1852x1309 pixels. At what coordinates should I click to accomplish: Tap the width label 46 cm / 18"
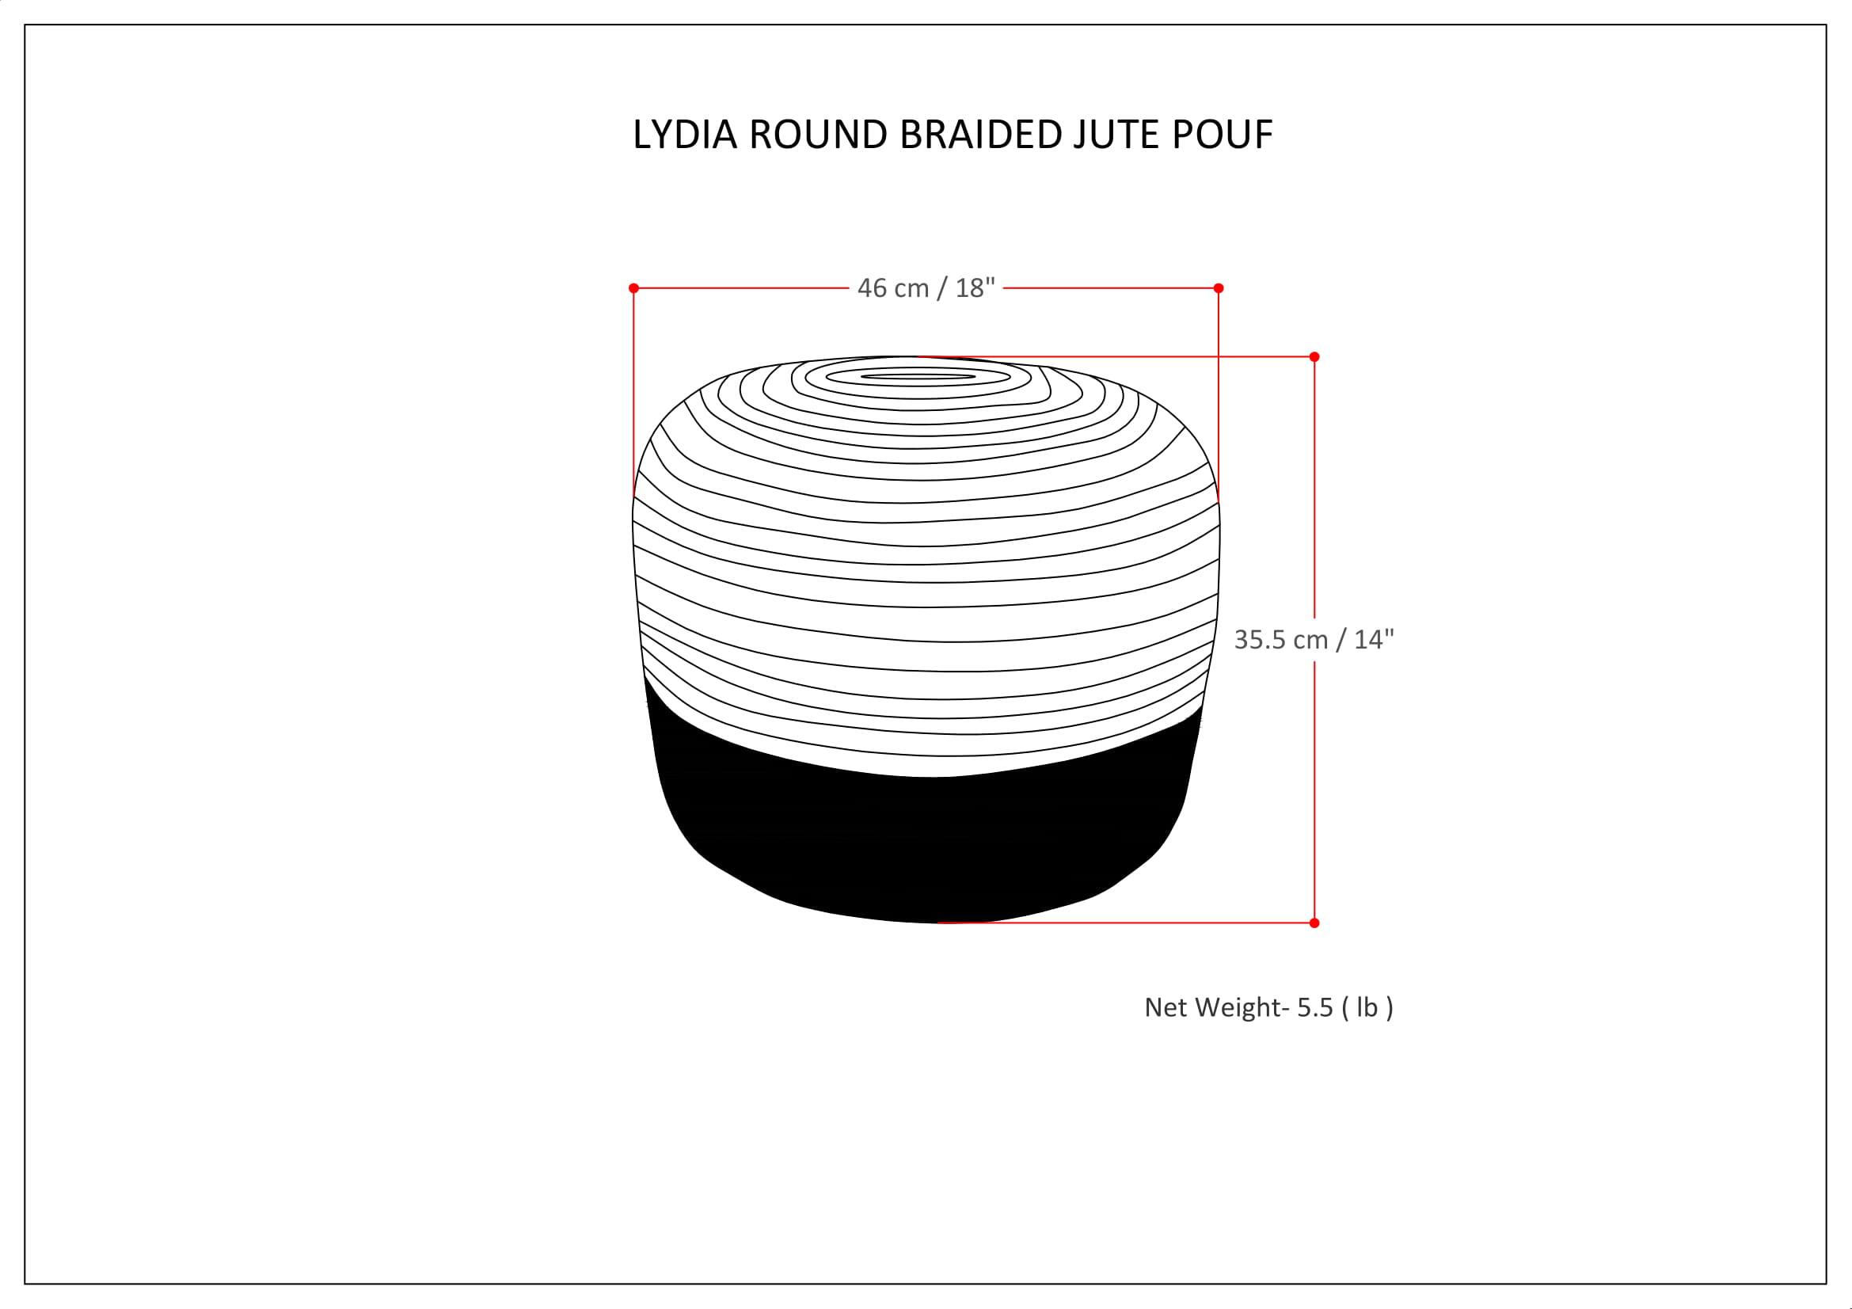[926, 288]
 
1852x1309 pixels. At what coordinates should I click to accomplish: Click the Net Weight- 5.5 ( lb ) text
[1268, 1007]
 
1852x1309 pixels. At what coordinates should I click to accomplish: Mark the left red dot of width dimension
[634, 288]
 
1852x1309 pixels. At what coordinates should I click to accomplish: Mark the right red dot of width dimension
[1219, 288]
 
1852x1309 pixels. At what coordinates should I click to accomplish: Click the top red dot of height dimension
[1315, 356]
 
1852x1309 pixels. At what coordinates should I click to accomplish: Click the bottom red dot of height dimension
[1315, 923]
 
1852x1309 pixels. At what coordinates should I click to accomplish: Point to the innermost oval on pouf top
[918, 377]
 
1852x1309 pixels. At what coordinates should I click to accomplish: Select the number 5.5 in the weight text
[1315, 1007]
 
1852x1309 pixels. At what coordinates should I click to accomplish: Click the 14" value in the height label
[1374, 640]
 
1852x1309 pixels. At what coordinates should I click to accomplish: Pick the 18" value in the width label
[975, 288]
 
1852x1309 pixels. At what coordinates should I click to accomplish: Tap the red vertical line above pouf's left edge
[634, 387]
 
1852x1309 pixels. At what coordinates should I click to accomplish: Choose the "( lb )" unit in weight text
[1367, 1007]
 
